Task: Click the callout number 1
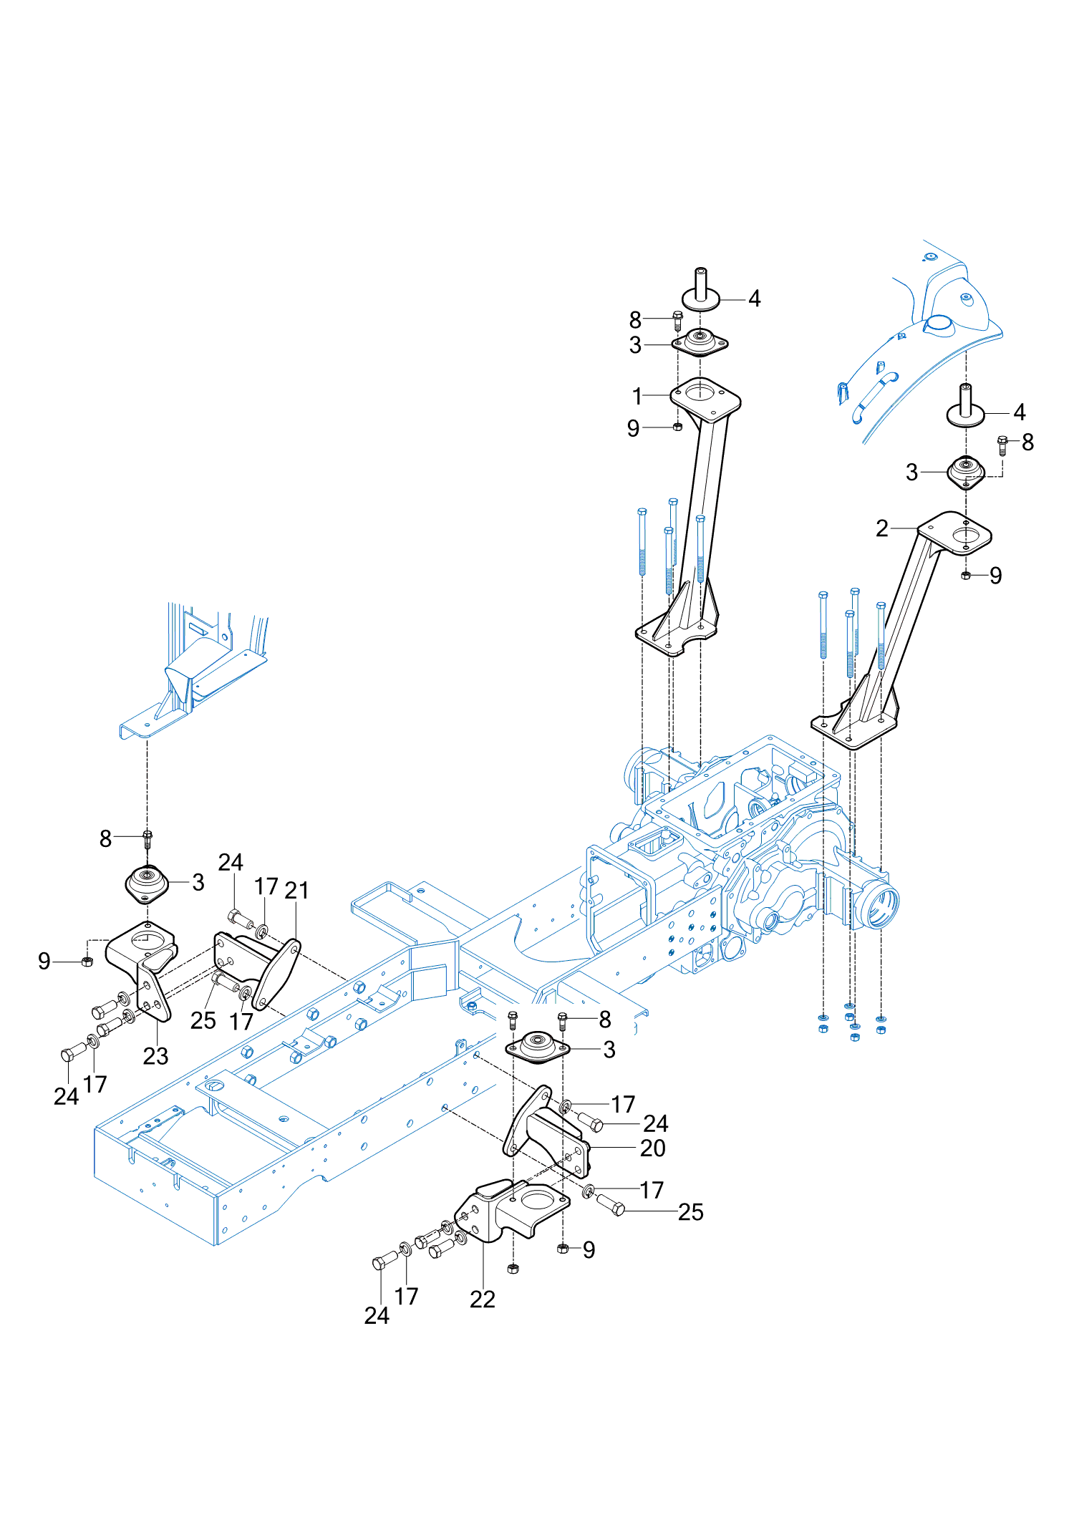coord(637,396)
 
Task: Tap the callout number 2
coord(882,528)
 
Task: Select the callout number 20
coord(652,1148)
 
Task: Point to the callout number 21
coord(296,890)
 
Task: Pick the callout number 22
coord(483,1299)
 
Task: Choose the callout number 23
coord(155,1055)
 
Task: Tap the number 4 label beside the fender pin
coord(1020,412)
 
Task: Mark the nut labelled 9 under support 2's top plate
coord(966,575)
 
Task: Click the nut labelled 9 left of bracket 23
coord(87,962)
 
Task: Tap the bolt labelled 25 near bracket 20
coord(610,1205)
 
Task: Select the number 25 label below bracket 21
coord(203,1020)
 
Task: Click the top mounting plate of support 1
coord(705,397)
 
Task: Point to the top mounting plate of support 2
coord(956,531)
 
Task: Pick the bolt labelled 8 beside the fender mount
coord(1002,445)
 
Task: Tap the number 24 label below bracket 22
coord(377,1315)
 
